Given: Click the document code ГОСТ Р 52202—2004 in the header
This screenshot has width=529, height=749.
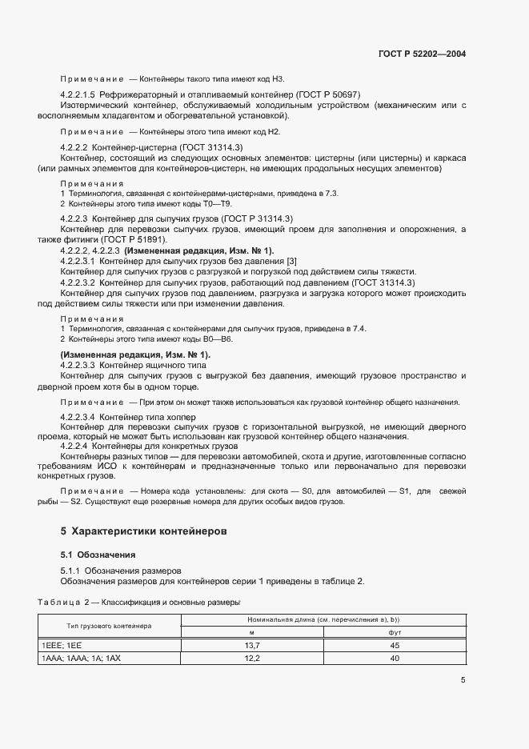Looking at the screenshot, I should pos(422,54).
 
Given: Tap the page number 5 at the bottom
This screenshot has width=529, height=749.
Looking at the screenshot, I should pos(463,680).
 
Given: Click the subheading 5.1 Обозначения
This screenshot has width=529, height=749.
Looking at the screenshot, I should pos(98,554).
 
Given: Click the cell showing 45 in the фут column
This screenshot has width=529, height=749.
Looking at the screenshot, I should pos(394,644).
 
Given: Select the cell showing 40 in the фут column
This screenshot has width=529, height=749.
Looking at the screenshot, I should pos(394,658).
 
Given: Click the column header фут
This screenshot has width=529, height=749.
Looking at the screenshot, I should pos(394,631).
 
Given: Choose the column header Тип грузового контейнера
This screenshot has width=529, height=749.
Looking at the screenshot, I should pos(110,625).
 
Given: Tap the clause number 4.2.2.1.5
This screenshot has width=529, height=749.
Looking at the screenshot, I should pos(78,94).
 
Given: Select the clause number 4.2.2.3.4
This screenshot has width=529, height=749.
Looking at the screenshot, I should pos(78,418).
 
